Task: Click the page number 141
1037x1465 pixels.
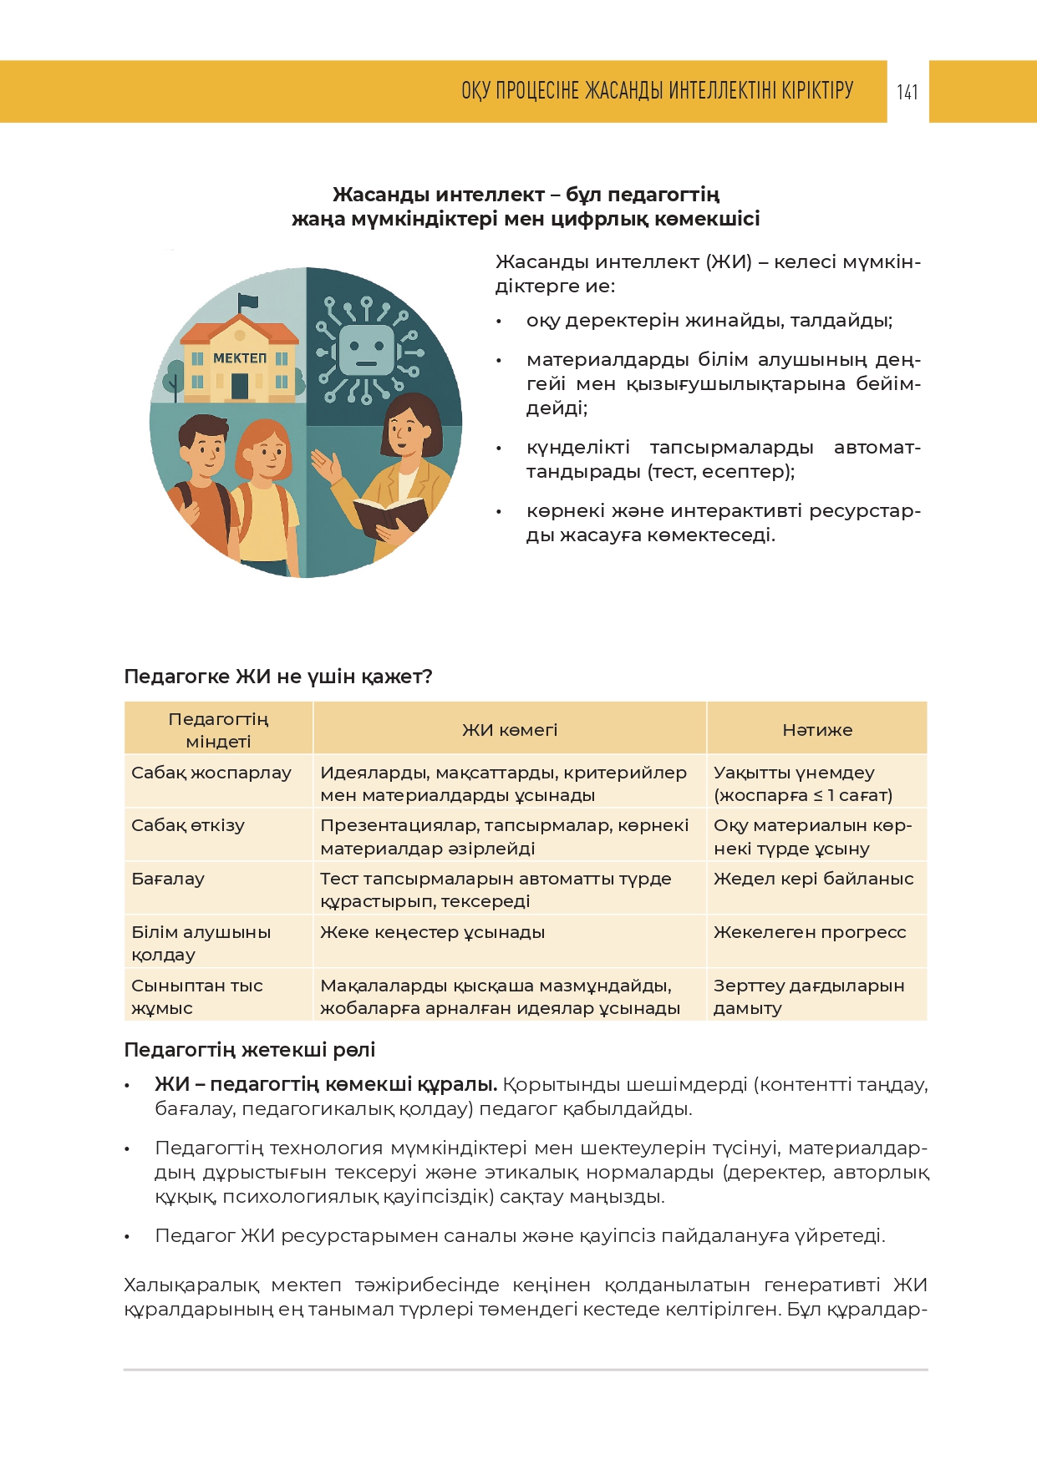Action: [907, 92]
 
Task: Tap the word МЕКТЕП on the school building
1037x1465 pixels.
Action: [240, 358]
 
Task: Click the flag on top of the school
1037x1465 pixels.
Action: [248, 302]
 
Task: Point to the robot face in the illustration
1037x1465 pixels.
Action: [365, 349]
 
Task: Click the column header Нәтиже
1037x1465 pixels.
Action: [816, 730]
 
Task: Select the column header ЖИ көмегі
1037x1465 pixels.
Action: [510, 730]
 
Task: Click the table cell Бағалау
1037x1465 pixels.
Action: [168, 879]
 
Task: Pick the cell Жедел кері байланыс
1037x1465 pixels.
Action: [813, 879]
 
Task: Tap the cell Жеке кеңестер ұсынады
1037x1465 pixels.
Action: [432, 932]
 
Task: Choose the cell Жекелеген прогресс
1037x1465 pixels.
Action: [809, 932]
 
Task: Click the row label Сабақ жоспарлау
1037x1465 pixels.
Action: [211, 773]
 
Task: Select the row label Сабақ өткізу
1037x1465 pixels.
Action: [188, 825]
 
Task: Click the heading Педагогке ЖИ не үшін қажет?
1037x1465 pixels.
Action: [278, 677]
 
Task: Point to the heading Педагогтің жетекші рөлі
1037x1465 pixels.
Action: [250, 1050]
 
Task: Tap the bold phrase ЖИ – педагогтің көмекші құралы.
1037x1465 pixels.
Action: [326, 1084]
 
